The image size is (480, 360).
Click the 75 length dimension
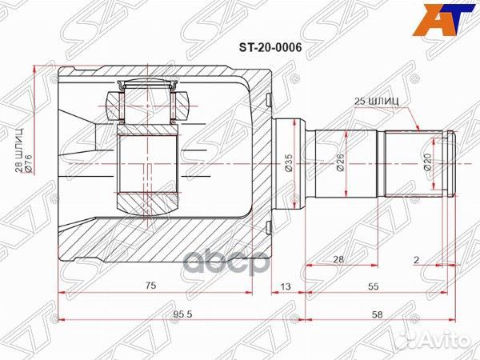(x=150, y=286)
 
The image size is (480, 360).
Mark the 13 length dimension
(x=286, y=286)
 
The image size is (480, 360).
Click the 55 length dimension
(x=374, y=286)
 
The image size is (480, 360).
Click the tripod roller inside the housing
(x=146, y=166)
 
